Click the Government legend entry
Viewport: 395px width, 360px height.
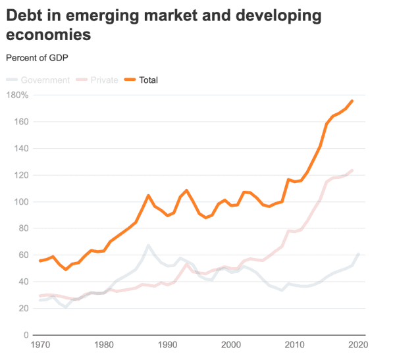(45, 80)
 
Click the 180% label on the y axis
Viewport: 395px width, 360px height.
(17, 95)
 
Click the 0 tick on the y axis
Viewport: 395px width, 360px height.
(24, 335)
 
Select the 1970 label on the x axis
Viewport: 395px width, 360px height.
(39, 344)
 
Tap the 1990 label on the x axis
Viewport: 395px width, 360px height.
(168, 344)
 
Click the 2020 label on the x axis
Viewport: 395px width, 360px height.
(359, 344)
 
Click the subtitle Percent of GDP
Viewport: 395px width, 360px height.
(37, 57)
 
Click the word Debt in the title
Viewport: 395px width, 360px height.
(24, 15)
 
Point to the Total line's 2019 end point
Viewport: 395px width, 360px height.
(352, 101)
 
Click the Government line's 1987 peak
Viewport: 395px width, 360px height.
(148, 245)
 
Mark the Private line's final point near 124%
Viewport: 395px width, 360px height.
(352, 170)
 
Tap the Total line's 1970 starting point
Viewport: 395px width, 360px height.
(39, 261)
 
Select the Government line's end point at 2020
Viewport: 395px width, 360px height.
(359, 253)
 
